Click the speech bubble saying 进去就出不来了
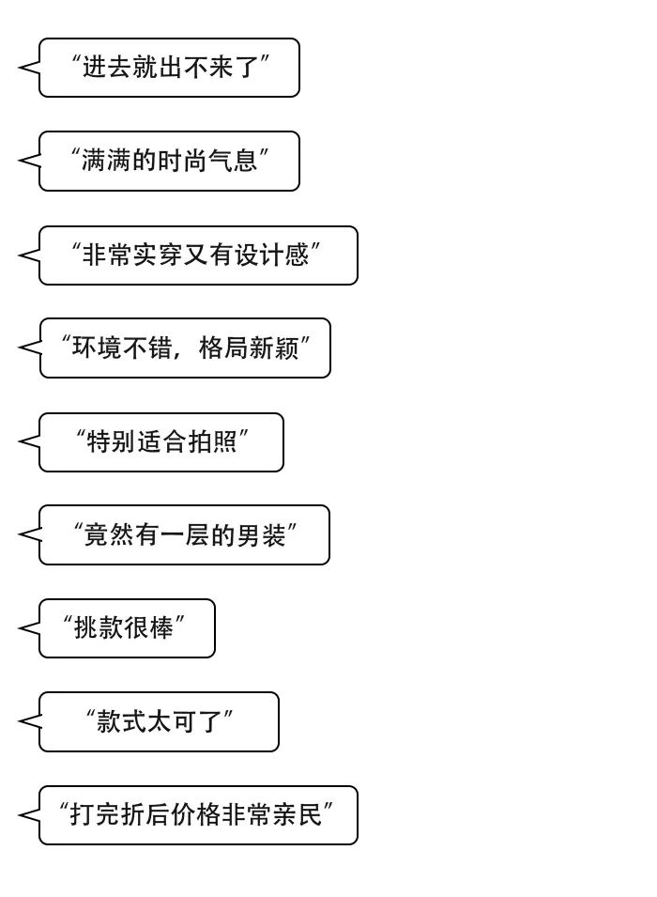pos(169,68)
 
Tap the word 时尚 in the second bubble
pos(182,161)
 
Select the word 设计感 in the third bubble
pos(271,255)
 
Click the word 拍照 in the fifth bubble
pos(212,441)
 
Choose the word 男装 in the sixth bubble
pos(261,535)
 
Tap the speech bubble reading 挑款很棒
pos(127,628)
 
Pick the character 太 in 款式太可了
pos(160,721)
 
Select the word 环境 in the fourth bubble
pos(98,348)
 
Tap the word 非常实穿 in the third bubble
pos(132,255)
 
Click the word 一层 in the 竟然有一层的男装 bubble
pos(184,535)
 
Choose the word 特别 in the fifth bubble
pos(111,441)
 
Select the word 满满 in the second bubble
pos(106,161)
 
